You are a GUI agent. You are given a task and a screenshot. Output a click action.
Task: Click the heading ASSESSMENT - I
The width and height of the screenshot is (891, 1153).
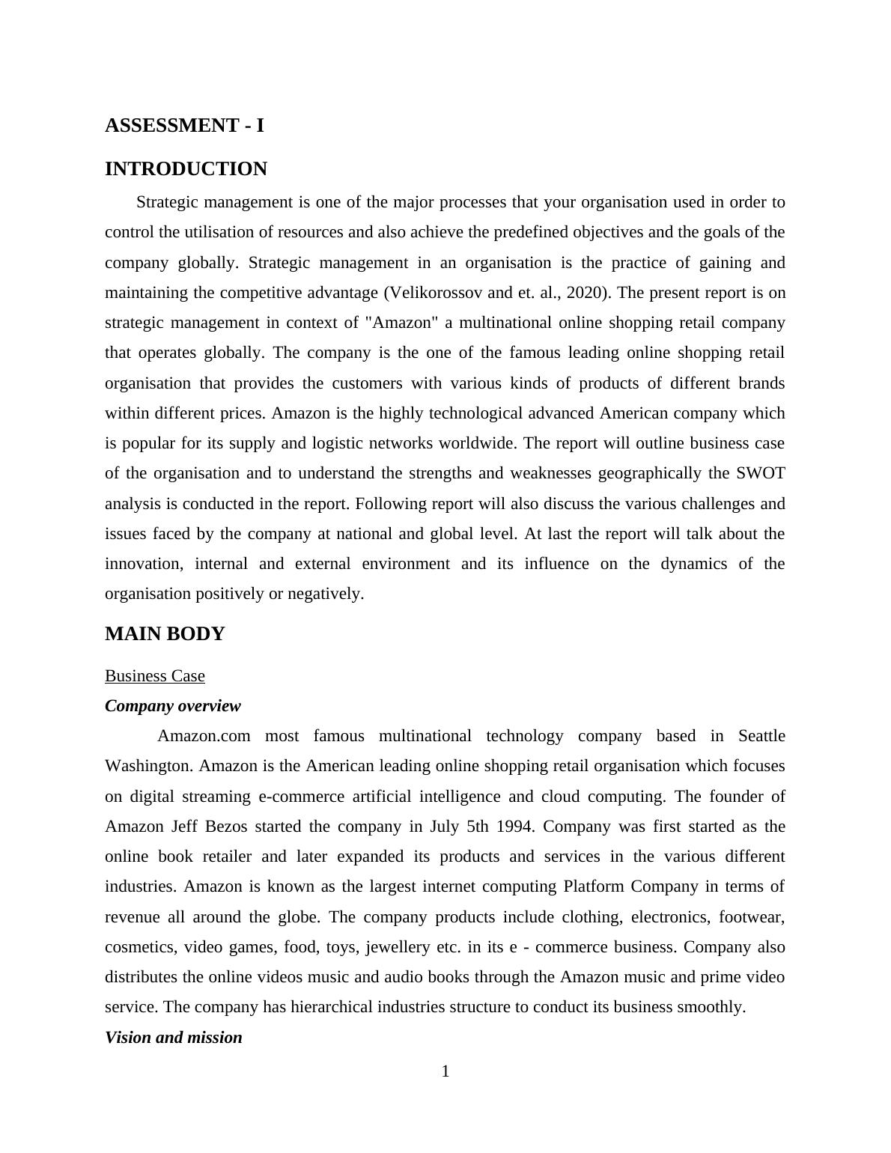point(184,126)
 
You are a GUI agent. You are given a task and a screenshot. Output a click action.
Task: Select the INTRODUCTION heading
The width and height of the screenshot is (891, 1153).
point(186,169)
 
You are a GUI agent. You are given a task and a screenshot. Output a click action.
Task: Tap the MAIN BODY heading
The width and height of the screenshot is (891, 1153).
point(165,634)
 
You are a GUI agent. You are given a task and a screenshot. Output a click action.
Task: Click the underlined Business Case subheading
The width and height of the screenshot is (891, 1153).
point(154,676)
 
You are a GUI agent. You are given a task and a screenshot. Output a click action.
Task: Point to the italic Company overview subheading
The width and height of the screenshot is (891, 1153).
point(172,706)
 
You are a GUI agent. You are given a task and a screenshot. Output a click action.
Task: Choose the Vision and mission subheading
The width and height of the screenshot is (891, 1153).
point(173,1038)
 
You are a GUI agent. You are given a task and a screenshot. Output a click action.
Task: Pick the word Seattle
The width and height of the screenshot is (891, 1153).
point(761,736)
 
